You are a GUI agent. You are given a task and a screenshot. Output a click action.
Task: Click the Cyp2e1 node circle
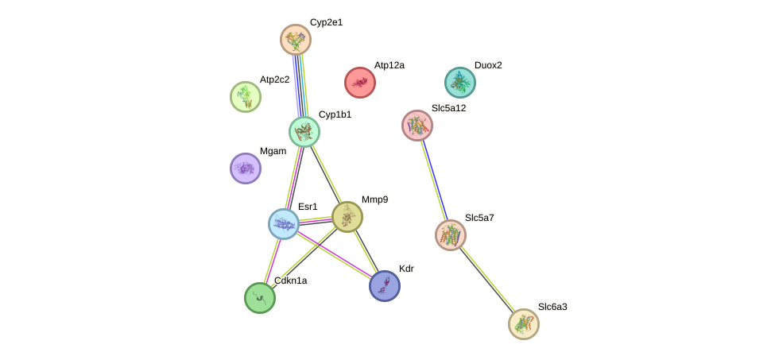(x=296, y=39)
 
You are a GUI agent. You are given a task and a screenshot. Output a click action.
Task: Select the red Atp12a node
(x=360, y=83)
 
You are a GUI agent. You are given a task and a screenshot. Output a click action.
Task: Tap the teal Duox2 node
(x=459, y=83)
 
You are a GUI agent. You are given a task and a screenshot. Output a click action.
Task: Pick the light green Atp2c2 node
(x=246, y=97)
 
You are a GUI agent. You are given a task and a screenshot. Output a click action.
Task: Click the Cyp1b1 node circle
(x=304, y=132)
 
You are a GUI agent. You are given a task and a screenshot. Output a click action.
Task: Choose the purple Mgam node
(x=246, y=168)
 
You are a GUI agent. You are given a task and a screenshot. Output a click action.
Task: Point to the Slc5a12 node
(x=417, y=126)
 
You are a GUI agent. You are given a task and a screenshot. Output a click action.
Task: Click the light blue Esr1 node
(x=284, y=224)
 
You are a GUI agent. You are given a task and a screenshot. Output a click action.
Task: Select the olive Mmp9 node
(x=347, y=217)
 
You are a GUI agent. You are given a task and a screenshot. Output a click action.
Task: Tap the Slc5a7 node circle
(x=451, y=234)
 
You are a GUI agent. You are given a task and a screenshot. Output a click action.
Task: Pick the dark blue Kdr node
(x=385, y=286)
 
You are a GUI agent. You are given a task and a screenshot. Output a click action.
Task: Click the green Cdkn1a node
(x=260, y=298)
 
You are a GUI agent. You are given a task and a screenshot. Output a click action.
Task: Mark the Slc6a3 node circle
(x=524, y=323)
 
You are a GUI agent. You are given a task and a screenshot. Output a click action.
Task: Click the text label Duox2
(x=488, y=65)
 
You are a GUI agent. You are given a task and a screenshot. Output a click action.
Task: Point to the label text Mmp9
(x=374, y=199)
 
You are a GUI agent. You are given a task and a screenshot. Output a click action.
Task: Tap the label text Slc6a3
(x=552, y=307)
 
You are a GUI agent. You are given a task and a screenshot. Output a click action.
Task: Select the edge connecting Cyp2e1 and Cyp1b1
(x=300, y=86)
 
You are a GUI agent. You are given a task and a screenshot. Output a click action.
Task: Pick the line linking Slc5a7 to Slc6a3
(x=487, y=279)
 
